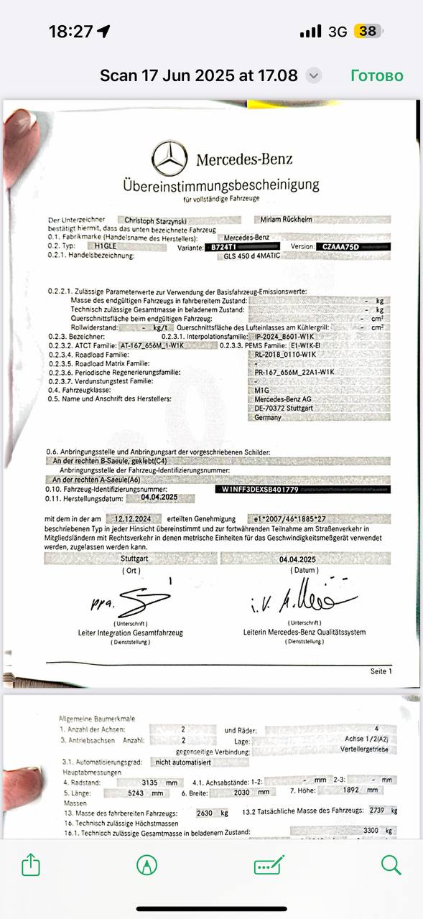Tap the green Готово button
tap(376, 75)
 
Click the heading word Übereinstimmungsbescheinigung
tap(220, 185)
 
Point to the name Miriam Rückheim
tap(285, 220)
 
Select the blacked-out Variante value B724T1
tap(224, 246)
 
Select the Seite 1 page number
tap(381, 671)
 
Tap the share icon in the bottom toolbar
tap(30, 865)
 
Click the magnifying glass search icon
tap(391, 864)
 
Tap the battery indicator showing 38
tap(368, 31)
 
